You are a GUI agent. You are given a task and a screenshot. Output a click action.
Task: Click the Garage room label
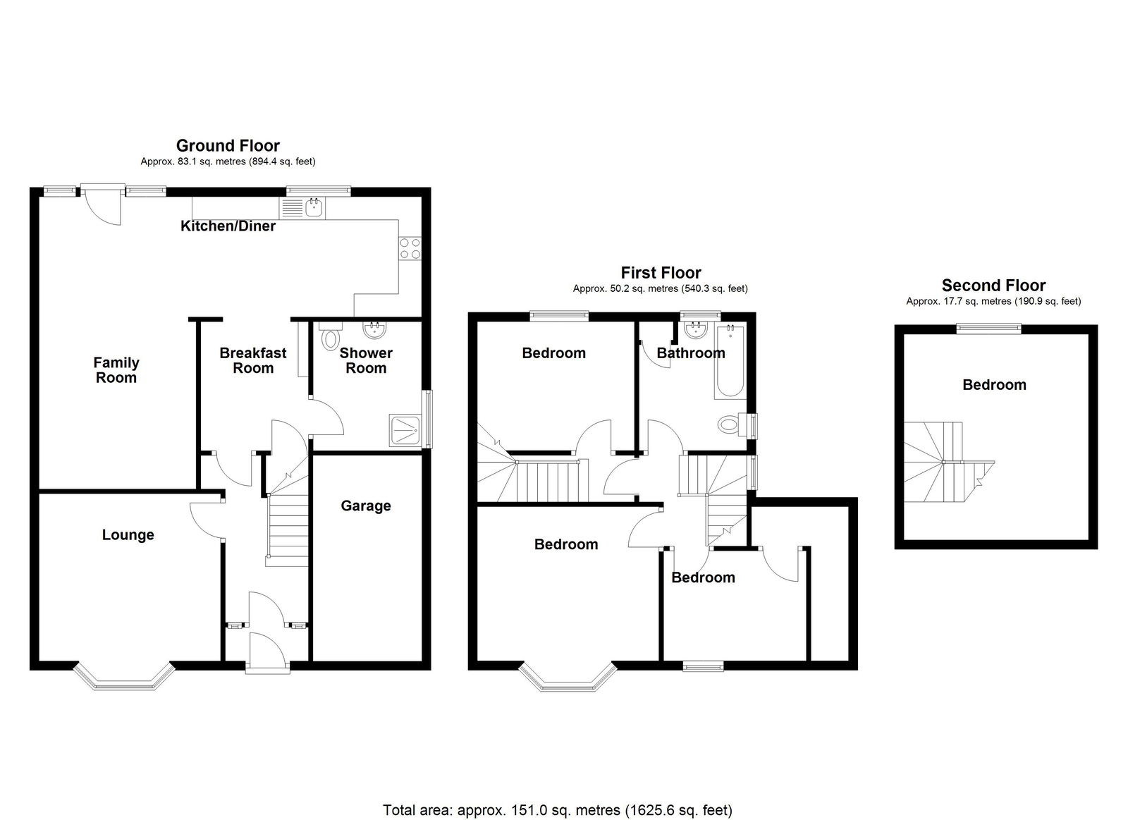tap(366, 506)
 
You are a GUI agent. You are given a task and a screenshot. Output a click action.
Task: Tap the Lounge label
tap(128, 535)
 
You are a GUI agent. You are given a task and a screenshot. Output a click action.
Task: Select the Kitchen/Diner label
tap(228, 226)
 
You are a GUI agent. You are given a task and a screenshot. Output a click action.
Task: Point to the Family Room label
tap(116, 370)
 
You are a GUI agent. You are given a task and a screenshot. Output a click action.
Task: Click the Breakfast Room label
tap(253, 360)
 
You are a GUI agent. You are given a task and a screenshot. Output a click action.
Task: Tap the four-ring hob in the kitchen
tap(410, 248)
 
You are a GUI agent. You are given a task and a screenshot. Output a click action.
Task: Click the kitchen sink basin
tap(314, 207)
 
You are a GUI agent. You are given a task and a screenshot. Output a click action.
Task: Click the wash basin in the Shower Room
tap(374, 329)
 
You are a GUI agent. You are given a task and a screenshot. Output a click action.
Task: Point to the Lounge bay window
tap(124, 675)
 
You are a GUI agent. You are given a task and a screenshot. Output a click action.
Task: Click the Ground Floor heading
tap(228, 145)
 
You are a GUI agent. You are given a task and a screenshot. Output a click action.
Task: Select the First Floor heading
tap(661, 273)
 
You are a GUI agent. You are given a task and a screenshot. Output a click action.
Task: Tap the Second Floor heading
tap(993, 286)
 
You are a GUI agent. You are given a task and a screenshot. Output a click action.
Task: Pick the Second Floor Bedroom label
tap(994, 385)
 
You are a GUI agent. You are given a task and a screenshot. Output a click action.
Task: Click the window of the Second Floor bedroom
tap(989, 329)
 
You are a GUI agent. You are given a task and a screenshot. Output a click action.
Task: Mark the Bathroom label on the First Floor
tap(691, 353)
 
